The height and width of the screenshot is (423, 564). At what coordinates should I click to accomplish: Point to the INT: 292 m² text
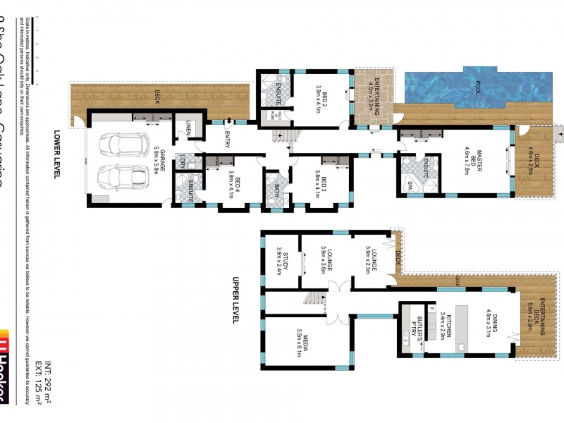coord(48,386)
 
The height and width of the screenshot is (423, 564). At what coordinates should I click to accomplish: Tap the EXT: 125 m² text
coord(38,386)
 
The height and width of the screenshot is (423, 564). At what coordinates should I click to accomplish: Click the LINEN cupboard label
coord(189,127)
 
